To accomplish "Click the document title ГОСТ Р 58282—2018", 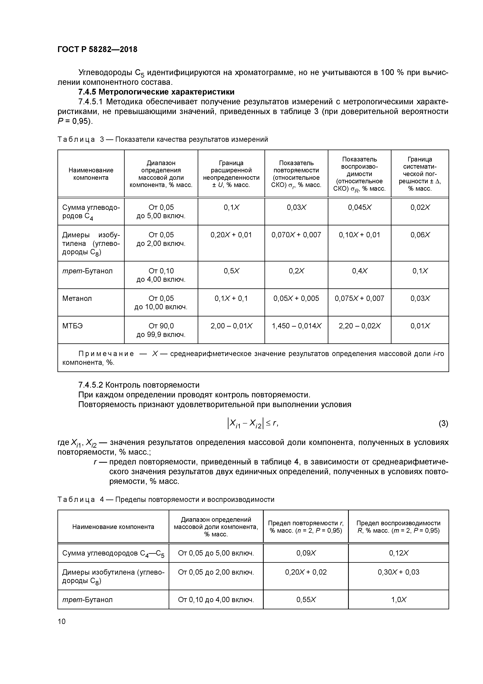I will coord(97,50).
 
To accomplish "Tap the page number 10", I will coord(62,621).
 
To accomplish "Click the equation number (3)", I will coord(443,423).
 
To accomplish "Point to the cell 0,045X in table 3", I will coord(360,207).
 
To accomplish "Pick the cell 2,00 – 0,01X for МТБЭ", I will coord(231,326).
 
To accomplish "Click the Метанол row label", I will coord(77,299).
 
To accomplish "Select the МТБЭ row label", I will coord(73,326).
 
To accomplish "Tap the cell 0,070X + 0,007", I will coord(296,235).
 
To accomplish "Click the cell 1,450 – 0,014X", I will coord(296,326).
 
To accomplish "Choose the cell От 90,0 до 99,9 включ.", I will coord(161,330).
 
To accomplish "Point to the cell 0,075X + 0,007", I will coord(360,299).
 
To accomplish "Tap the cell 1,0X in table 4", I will coord(398,600).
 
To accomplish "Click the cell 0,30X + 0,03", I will coord(398,572).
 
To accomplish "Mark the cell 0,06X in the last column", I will coord(420,235).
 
